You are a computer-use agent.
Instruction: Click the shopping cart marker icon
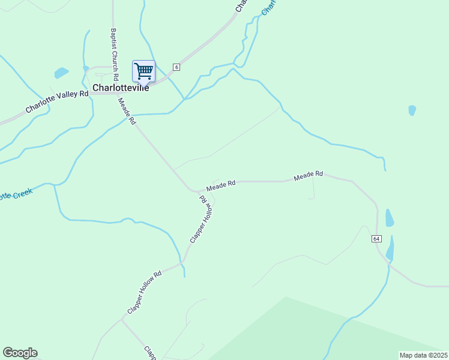click(143, 71)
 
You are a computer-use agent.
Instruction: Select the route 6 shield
click(176, 67)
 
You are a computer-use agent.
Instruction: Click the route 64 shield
click(376, 239)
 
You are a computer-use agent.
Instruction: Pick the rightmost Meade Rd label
click(309, 175)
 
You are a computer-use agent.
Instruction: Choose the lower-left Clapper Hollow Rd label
click(144, 292)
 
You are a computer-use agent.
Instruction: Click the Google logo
click(20, 353)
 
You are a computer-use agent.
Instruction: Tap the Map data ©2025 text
click(423, 355)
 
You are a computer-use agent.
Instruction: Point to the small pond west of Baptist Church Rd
click(61, 73)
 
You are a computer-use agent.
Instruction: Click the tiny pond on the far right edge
click(412, 110)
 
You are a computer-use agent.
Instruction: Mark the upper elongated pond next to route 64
click(390, 218)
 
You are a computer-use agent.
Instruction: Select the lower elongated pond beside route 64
click(391, 249)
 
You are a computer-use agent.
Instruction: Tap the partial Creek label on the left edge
click(15, 194)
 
